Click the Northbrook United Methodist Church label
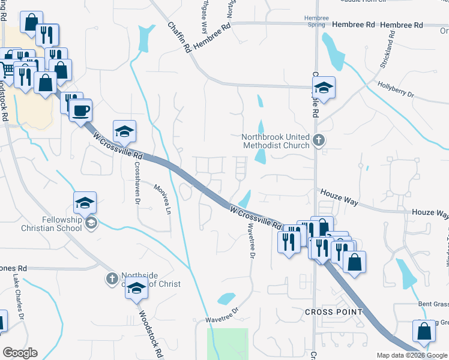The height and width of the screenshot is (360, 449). pos(276,141)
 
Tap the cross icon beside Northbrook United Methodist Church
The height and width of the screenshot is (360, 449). pos(319,141)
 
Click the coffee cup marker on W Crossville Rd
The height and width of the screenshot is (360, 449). pos(80,110)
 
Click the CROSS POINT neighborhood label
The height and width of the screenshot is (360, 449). pos(333,312)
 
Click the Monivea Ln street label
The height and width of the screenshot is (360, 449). pos(163,199)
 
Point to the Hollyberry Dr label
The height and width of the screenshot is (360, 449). pos(396,89)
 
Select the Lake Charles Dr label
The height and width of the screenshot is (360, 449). pos(18,297)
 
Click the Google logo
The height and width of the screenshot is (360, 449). pos(20,353)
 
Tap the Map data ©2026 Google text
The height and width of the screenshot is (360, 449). pos(412,355)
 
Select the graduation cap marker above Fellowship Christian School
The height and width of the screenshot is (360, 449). pos(85,203)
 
